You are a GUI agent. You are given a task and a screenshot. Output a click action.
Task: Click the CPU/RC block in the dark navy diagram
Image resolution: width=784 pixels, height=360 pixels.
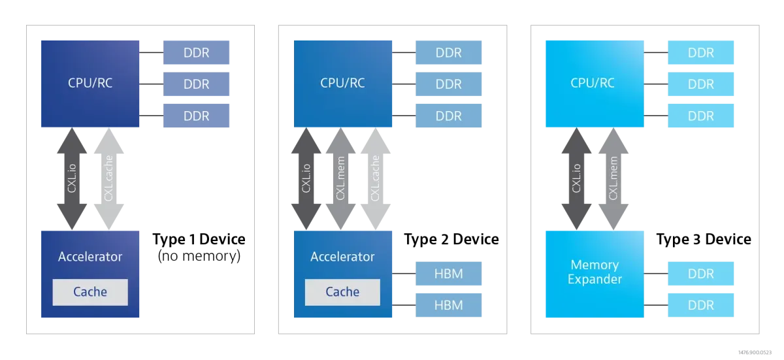point(90,83)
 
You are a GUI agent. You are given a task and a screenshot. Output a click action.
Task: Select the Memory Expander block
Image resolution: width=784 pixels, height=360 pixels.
point(595,273)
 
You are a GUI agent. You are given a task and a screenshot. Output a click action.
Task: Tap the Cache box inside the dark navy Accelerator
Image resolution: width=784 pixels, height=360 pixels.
point(90,292)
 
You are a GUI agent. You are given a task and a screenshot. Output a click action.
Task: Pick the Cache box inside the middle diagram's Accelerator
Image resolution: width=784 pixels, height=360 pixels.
point(342,292)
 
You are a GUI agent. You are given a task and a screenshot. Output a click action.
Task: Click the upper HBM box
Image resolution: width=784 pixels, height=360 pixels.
point(449,274)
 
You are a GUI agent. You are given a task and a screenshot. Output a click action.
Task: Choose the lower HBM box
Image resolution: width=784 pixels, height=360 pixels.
point(449,305)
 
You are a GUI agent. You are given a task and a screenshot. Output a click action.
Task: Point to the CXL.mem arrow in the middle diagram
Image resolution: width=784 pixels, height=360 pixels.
point(342,178)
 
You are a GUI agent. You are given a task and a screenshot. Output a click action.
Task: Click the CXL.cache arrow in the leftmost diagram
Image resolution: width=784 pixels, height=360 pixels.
point(108,178)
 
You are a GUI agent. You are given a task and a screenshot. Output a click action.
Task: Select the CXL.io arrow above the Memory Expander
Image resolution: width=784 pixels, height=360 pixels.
point(577,178)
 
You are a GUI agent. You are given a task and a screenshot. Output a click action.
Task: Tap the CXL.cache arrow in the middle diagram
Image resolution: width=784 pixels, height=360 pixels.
point(376,178)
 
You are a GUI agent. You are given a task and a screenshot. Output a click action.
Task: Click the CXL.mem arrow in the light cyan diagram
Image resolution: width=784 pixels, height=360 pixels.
point(613,178)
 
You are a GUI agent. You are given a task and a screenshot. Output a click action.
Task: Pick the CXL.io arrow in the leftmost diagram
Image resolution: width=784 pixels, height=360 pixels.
point(71,178)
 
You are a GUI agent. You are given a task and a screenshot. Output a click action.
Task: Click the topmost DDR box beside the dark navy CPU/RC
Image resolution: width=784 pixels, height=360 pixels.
point(196,52)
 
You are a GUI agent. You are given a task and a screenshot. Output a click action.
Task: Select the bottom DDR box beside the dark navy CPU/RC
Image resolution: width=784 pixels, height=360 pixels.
point(196,116)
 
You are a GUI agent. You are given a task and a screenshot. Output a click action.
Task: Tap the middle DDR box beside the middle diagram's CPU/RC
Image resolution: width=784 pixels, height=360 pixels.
point(449,84)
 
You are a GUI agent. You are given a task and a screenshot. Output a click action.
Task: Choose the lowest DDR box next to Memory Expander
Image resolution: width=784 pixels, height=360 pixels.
point(700,305)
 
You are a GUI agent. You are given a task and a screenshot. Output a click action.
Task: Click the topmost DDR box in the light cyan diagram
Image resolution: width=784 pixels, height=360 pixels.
point(700,52)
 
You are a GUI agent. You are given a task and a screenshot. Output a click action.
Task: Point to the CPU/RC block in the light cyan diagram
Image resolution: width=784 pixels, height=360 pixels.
point(593,83)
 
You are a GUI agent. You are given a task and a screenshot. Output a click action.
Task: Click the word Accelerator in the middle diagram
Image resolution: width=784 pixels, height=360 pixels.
point(342,257)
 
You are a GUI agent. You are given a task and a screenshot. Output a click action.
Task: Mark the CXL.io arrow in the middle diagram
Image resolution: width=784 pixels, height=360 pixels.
point(306,178)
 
